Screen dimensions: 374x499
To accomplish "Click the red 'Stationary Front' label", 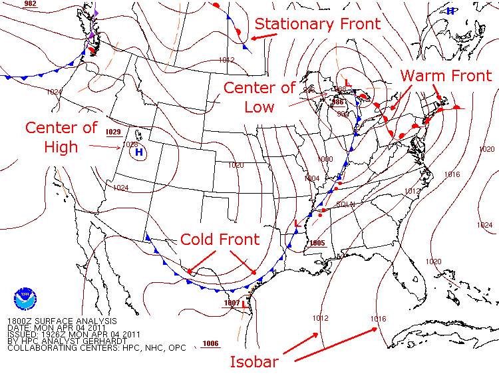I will click(318, 24).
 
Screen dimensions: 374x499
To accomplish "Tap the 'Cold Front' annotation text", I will click(220, 239).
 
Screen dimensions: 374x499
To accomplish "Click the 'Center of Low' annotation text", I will click(259, 97).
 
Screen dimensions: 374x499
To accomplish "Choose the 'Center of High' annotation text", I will click(61, 136).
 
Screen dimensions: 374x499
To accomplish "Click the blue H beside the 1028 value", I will click(139, 152).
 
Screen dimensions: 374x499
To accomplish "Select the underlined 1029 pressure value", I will click(113, 132).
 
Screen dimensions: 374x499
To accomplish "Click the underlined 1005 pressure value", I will click(317, 243).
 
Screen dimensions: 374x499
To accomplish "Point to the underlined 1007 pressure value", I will click(231, 303).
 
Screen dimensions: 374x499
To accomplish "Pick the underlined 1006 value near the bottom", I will click(210, 343).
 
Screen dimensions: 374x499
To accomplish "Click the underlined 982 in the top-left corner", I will click(30, 4).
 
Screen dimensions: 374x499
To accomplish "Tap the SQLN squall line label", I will click(345, 204).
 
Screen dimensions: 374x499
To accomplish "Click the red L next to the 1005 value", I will click(297, 224).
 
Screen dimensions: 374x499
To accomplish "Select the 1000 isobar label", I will click(325, 160).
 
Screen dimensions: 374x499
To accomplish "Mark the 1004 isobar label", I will click(312, 178).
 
